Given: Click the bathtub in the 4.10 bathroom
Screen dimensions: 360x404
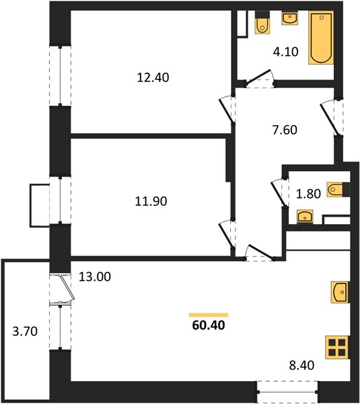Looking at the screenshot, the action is [x=321, y=38].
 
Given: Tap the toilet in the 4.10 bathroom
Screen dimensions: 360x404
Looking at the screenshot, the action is [x=262, y=23].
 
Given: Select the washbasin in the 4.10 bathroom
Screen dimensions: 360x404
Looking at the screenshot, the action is [x=290, y=18].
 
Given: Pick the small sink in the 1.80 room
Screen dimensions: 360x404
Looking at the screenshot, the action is [x=305, y=216].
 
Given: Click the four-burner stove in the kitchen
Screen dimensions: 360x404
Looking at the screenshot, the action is [x=337, y=347].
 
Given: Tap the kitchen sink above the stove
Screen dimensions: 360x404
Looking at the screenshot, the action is [x=340, y=292].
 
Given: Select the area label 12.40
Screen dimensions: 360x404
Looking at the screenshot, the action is [x=153, y=77].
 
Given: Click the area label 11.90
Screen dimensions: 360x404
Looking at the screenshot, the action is [x=151, y=201].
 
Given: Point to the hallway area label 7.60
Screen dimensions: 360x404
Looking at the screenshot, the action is [x=285, y=130].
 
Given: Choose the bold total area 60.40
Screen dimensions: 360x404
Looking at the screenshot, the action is [x=209, y=325].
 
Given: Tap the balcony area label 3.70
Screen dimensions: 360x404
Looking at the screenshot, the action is [x=25, y=331].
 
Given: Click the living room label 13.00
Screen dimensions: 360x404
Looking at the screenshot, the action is [x=95, y=277].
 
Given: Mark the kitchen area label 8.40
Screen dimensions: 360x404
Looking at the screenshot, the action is [x=301, y=365].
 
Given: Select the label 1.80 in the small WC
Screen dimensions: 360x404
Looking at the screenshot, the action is [x=308, y=194].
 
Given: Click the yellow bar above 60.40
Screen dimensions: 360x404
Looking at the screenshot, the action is [x=209, y=315].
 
